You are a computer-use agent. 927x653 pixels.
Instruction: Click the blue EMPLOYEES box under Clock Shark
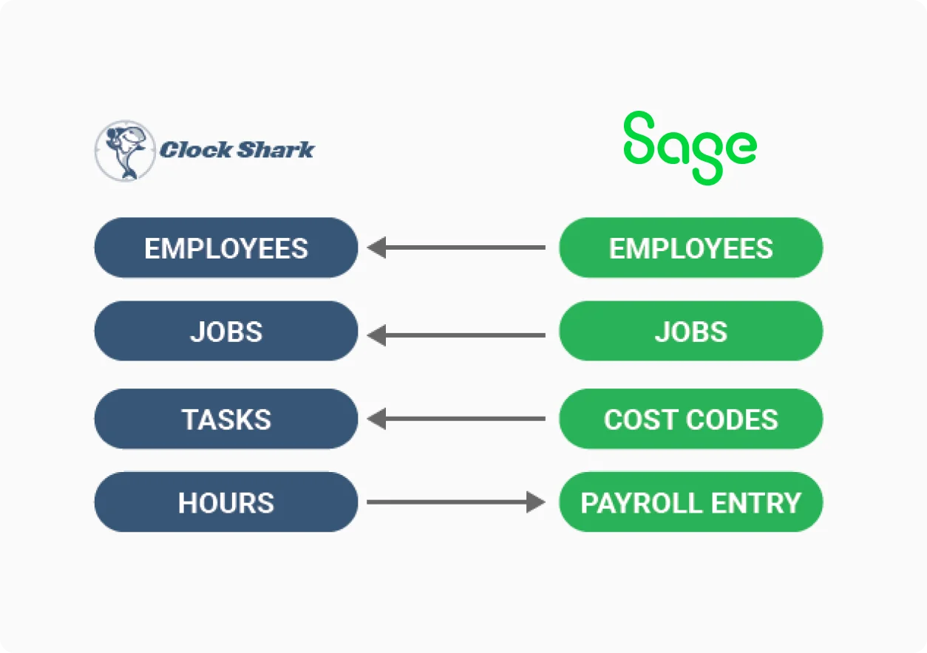tap(226, 247)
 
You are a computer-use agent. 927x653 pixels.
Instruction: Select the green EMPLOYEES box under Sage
tap(690, 247)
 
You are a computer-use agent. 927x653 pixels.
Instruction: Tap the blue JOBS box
tap(226, 331)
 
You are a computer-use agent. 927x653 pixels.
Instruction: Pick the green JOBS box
tap(690, 331)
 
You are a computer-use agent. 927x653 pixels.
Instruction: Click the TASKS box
tap(226, 419)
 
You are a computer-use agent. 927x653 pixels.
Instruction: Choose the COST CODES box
tap(690, 419)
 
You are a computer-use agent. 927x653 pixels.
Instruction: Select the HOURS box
tap(226, 502)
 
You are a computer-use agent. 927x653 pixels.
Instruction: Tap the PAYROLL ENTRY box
tap(690, 502)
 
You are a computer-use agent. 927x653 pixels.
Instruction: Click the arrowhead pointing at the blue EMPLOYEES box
tap(376, 247)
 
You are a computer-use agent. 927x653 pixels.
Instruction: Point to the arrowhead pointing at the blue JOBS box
tap(376, 335)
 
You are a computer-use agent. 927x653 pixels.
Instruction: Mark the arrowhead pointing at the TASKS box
tap(376, 419)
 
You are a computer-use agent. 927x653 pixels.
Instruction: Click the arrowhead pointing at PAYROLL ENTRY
tap(536, 502)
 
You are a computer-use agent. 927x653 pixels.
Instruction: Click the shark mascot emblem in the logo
tap(125, 151)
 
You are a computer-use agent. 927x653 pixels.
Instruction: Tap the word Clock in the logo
tap(196, 150)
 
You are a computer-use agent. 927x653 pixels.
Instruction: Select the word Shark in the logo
tap(276, 150)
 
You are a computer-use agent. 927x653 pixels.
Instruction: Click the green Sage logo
tap(690, 148)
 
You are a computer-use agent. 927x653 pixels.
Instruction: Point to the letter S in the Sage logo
tap(639, 137)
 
